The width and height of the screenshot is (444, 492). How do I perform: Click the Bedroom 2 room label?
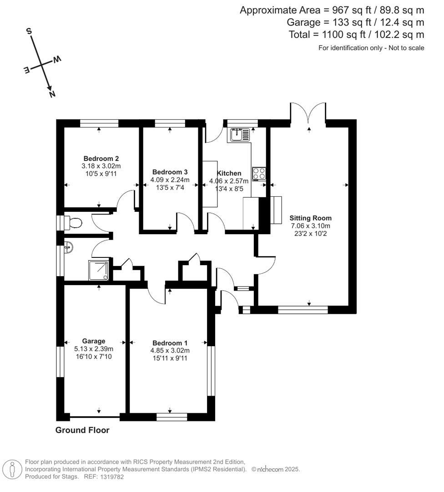coord(101,159)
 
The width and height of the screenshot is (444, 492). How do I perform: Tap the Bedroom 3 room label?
coord(170,172)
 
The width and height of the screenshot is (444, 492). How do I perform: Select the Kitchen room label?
coord(229,173)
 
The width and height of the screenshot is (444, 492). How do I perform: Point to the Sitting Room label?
coord(310,218)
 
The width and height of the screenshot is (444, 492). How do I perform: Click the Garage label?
coord(94,341)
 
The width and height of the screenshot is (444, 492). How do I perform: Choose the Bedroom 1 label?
coord(170,343)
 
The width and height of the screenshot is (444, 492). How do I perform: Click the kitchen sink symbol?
coord(240,134)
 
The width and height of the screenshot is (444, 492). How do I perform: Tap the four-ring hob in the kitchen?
coord(259,174)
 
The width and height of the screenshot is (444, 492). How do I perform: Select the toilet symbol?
coord(73,223)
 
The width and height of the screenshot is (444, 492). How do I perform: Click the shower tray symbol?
coord(99,271)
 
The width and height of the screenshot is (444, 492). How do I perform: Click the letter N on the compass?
coord(52,94)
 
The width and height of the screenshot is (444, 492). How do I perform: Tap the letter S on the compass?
coord(29,31)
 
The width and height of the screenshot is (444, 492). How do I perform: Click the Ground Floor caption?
coord(82,430)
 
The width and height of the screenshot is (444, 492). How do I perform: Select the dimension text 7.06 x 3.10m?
coord(310,226)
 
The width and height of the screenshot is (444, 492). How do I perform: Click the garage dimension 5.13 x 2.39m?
coord(94,349)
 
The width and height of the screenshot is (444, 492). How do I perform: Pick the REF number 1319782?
coord(112,477)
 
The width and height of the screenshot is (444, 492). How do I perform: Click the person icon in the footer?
coord(13,469)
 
